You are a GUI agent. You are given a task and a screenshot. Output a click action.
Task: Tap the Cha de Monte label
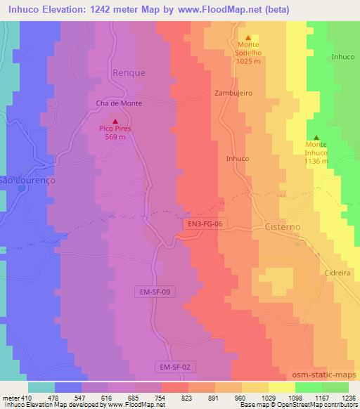[119, 103]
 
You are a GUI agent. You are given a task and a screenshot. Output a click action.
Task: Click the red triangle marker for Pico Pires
[115, 121]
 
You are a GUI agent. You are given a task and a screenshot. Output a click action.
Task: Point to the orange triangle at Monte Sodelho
[247, 38]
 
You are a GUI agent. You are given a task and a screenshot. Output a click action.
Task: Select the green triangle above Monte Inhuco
[316, 137]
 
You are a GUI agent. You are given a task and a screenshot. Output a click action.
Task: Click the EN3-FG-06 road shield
[205, 223]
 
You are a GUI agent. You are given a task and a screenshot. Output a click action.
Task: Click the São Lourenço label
[27, 180]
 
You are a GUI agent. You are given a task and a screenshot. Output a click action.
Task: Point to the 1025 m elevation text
[248, 61]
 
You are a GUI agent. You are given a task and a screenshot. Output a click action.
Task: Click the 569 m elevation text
[115, 137]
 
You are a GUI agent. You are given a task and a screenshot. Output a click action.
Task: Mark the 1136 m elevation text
[316, 161]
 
